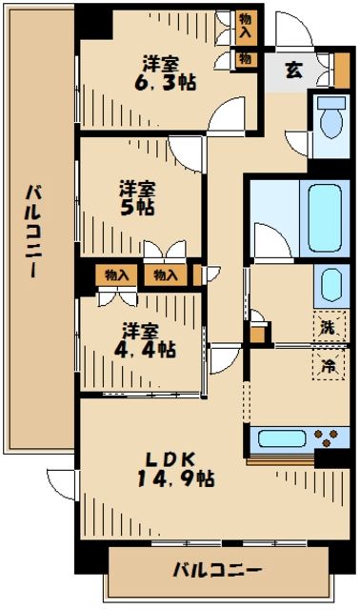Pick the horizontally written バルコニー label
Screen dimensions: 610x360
coord(217,571)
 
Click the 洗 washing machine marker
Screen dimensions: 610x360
coord(327,326)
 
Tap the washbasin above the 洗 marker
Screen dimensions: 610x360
coord(328,285)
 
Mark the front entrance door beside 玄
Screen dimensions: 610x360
coord(292,32)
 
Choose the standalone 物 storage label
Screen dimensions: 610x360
coord(245,59)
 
